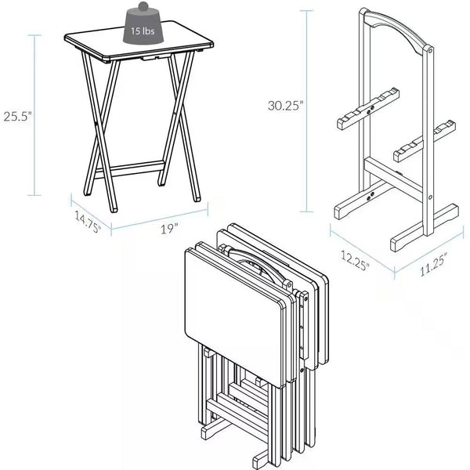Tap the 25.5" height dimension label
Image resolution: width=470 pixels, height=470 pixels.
[x=16, y=116]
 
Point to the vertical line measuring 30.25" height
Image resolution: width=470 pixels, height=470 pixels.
[x=308, y=110]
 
